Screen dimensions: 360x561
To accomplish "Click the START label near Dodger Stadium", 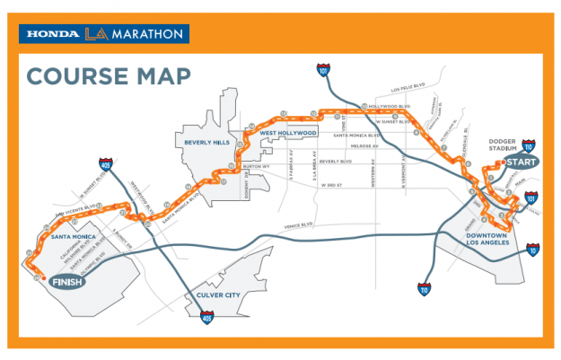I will click(521, 162).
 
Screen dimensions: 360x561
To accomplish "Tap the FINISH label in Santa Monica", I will click(67, 282).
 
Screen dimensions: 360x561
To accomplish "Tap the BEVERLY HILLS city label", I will click(207, 142).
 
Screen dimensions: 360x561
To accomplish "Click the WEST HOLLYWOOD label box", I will click(289, 133).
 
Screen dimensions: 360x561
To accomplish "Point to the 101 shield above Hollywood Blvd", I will click(322, 68).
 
